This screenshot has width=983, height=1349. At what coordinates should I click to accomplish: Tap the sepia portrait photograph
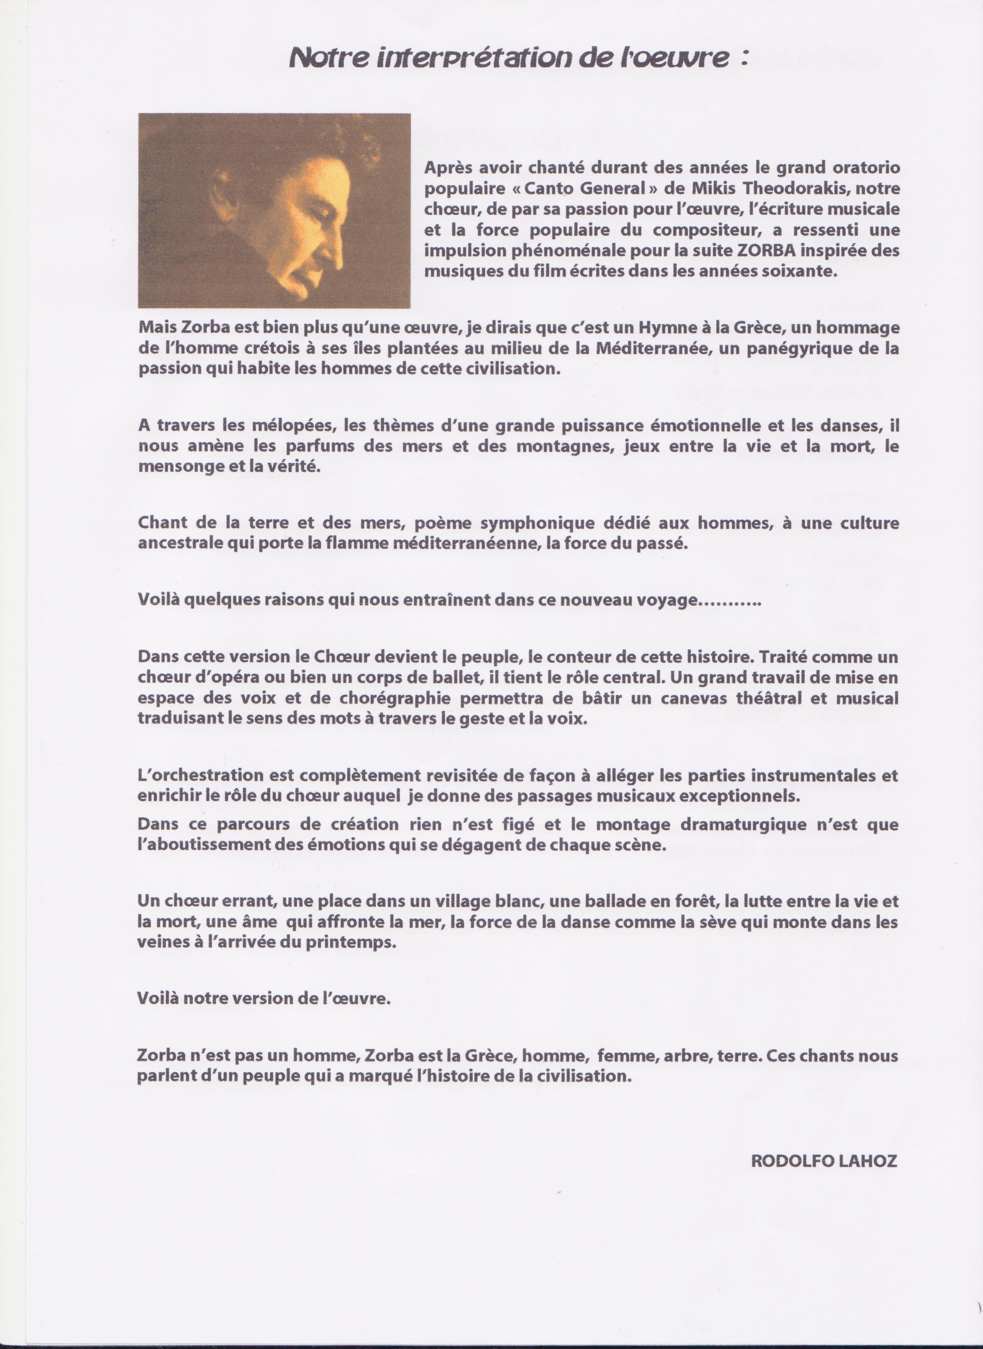click(x=274, y=210)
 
